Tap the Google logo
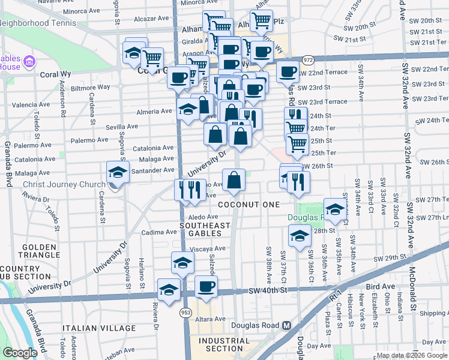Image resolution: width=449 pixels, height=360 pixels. [19, 353]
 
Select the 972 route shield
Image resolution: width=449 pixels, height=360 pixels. [308, 61]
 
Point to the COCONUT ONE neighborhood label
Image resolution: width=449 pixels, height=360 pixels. [249, 205]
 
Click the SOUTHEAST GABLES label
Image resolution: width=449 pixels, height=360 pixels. [205, 229]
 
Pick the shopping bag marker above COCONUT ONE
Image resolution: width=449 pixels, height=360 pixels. [234, 180]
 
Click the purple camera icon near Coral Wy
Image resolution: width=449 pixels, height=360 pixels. [28, 62]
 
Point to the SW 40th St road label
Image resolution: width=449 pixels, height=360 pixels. [268, 290]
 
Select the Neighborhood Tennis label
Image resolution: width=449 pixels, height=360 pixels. [38, 23]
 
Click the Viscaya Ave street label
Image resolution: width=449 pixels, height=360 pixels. [207, 248]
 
